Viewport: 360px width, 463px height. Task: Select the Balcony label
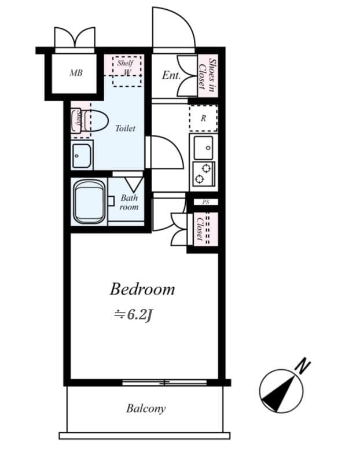(x=146, y=409)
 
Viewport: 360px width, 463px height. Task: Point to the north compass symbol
(x=280, y=391)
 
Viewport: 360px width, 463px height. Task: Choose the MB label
(x=76, y=73)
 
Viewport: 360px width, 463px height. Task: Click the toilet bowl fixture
(x=96, y=121)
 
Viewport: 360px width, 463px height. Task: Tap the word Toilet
(x=125, y=128)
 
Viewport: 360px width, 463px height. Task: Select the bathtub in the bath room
(x=89, y=201)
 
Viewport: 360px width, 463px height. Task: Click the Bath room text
(x=129, y=202)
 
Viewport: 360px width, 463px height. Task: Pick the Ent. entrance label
(x=171, y=75)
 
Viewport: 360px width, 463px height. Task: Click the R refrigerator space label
(x=203, y=119)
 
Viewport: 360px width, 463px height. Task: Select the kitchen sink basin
(x=203, y=148)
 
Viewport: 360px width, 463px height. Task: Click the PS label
(x=205, y=202)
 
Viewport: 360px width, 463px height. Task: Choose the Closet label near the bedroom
(x=200, y=229)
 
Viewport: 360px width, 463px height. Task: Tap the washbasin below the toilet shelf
(x=82, y=155)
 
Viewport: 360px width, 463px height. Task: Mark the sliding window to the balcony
(x=164, y=383)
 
